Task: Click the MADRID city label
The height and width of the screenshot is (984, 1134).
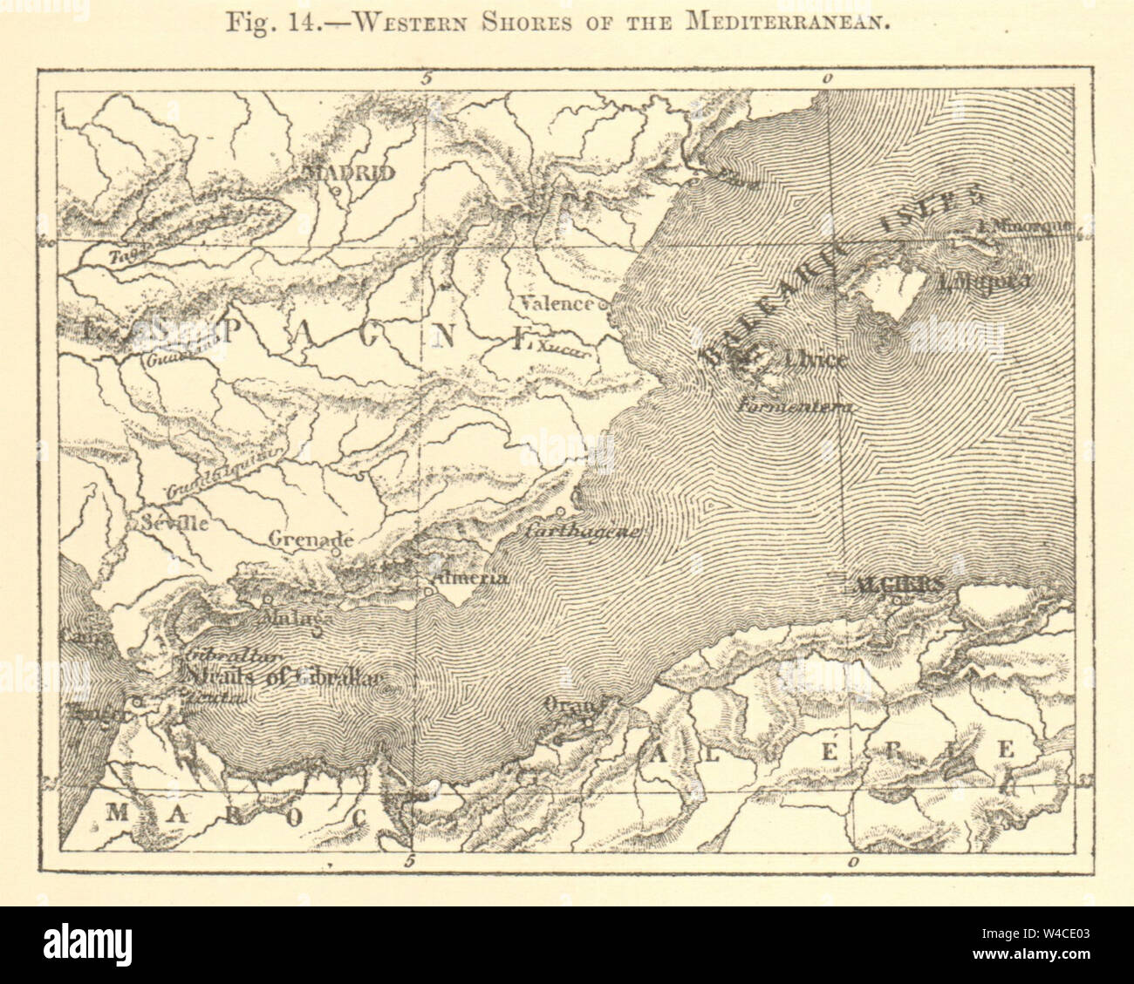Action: click(x=349, y=173)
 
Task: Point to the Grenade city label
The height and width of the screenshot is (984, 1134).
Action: click(x=310, y=540)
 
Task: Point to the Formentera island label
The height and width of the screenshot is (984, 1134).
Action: click(x=793, y=405)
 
